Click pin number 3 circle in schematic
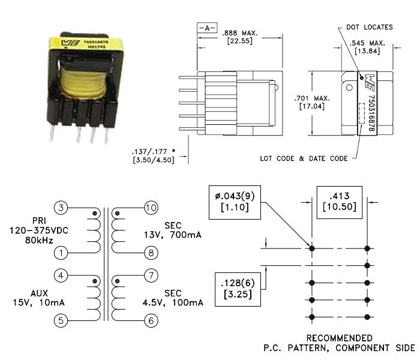tap(61, 208)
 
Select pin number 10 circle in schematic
tap(151, 208)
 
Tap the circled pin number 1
tap(61, 253)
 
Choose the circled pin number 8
tap(151, 253)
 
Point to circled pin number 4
tap(61, 276)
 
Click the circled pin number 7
tap(151, 276)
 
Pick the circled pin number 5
tap(61, 320)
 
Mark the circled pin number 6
tap(151, 320)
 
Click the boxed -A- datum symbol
tap(204, 28)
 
